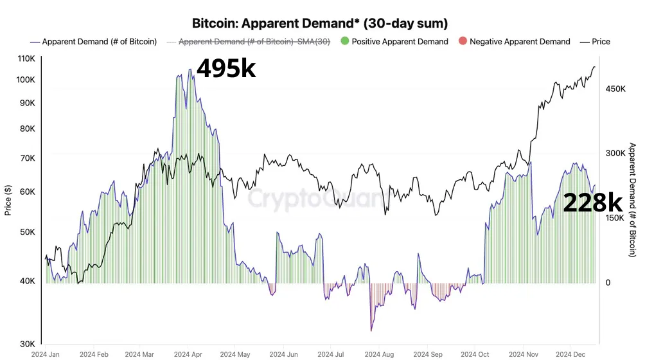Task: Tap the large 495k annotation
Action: [x=226, y=68]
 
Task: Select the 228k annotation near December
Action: [x=592, y=203]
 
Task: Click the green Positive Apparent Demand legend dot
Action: [x=345, y=42]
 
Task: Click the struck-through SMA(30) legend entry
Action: [x=253, y=42]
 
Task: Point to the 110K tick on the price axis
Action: [x=26, y=59]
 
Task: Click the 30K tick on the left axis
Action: [x=28, y=343]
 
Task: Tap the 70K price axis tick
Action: [x=28, y=157]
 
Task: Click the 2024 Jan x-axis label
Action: [x=46, y=354]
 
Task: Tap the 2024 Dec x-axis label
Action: [x=569, y=354]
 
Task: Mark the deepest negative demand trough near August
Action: [x=371, y=330]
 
